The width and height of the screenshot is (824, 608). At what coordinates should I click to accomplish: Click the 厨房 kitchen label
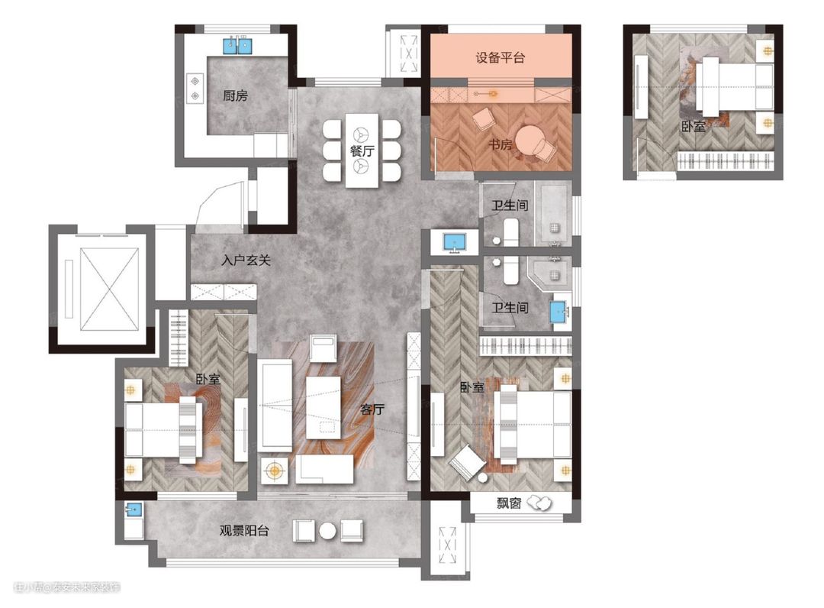click(x=235, y=95)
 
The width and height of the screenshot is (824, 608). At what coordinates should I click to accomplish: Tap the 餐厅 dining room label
click(x=362, y=150)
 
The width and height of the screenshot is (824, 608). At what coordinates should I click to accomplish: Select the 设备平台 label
click(x=501, y=57)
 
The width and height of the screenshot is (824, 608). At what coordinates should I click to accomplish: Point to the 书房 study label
click(x=500, y=144)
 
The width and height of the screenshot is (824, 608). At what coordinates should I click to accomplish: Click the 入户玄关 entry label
click(x=246, y=260)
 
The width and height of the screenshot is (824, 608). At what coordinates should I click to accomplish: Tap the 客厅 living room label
click(x=372, y=409)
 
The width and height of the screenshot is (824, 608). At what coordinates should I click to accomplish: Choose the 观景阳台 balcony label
click(x=244, y=530)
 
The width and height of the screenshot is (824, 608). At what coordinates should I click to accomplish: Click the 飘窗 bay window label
click(x=509, y=503)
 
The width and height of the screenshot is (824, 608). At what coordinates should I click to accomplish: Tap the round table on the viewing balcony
click(x=327, y=531)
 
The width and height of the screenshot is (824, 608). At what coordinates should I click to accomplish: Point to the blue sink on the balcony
click(x=134, y=509)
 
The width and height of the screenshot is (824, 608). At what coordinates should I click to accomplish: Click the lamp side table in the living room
click(x=274, y=471)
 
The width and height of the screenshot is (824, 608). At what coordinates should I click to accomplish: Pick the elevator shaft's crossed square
click(x=110, y=289)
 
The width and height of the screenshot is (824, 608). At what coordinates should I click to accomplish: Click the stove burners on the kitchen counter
click(x=195, y=89)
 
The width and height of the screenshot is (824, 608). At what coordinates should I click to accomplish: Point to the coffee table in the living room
click(x=323, y=407)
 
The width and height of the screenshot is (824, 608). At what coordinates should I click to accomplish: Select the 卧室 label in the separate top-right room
click(x=693, y=126)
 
